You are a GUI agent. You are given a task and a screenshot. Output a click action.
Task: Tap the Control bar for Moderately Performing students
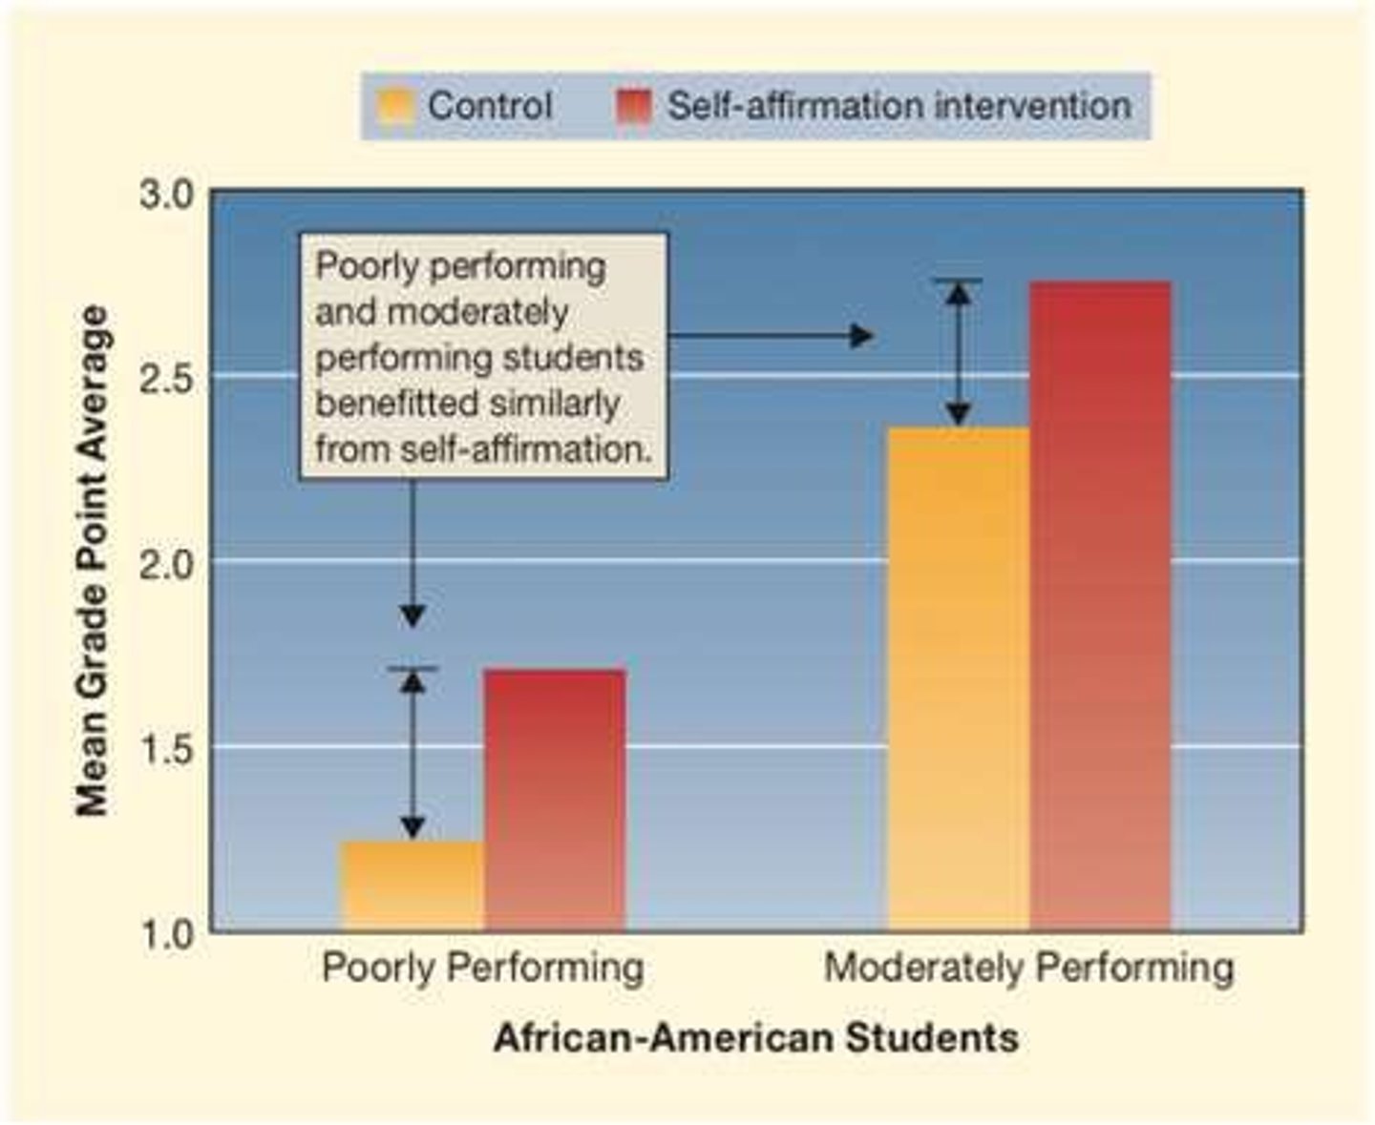click(959, 678)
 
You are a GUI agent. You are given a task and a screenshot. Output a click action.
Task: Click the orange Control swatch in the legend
click(395, 106)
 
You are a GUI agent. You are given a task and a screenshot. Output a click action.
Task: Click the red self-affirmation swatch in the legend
click(634, 106)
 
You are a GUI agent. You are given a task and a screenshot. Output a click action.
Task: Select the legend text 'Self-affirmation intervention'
click(898, 106)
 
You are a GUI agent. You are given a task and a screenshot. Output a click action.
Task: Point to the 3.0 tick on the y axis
click(168, 195)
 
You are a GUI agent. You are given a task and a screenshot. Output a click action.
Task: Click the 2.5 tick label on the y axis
click(168, 378)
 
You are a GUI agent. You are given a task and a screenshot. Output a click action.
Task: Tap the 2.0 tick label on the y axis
click(168, 562)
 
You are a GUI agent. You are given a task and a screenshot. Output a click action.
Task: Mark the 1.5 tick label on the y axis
click(168, 747)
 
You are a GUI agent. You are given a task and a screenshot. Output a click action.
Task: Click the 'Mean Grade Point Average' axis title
click(93, 561)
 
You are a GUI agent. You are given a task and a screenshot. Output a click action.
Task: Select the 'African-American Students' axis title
click(755, 1037)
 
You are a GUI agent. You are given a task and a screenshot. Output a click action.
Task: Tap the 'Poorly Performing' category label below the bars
click(482, 968)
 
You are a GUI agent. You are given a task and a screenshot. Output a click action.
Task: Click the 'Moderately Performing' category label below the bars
click(1028, 968)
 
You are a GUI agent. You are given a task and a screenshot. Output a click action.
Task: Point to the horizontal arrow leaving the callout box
click(769, 336)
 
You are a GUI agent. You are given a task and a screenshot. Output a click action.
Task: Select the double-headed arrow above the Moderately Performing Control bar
click(959, 354)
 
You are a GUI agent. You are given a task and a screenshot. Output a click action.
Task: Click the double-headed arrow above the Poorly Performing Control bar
click(412, 754)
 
